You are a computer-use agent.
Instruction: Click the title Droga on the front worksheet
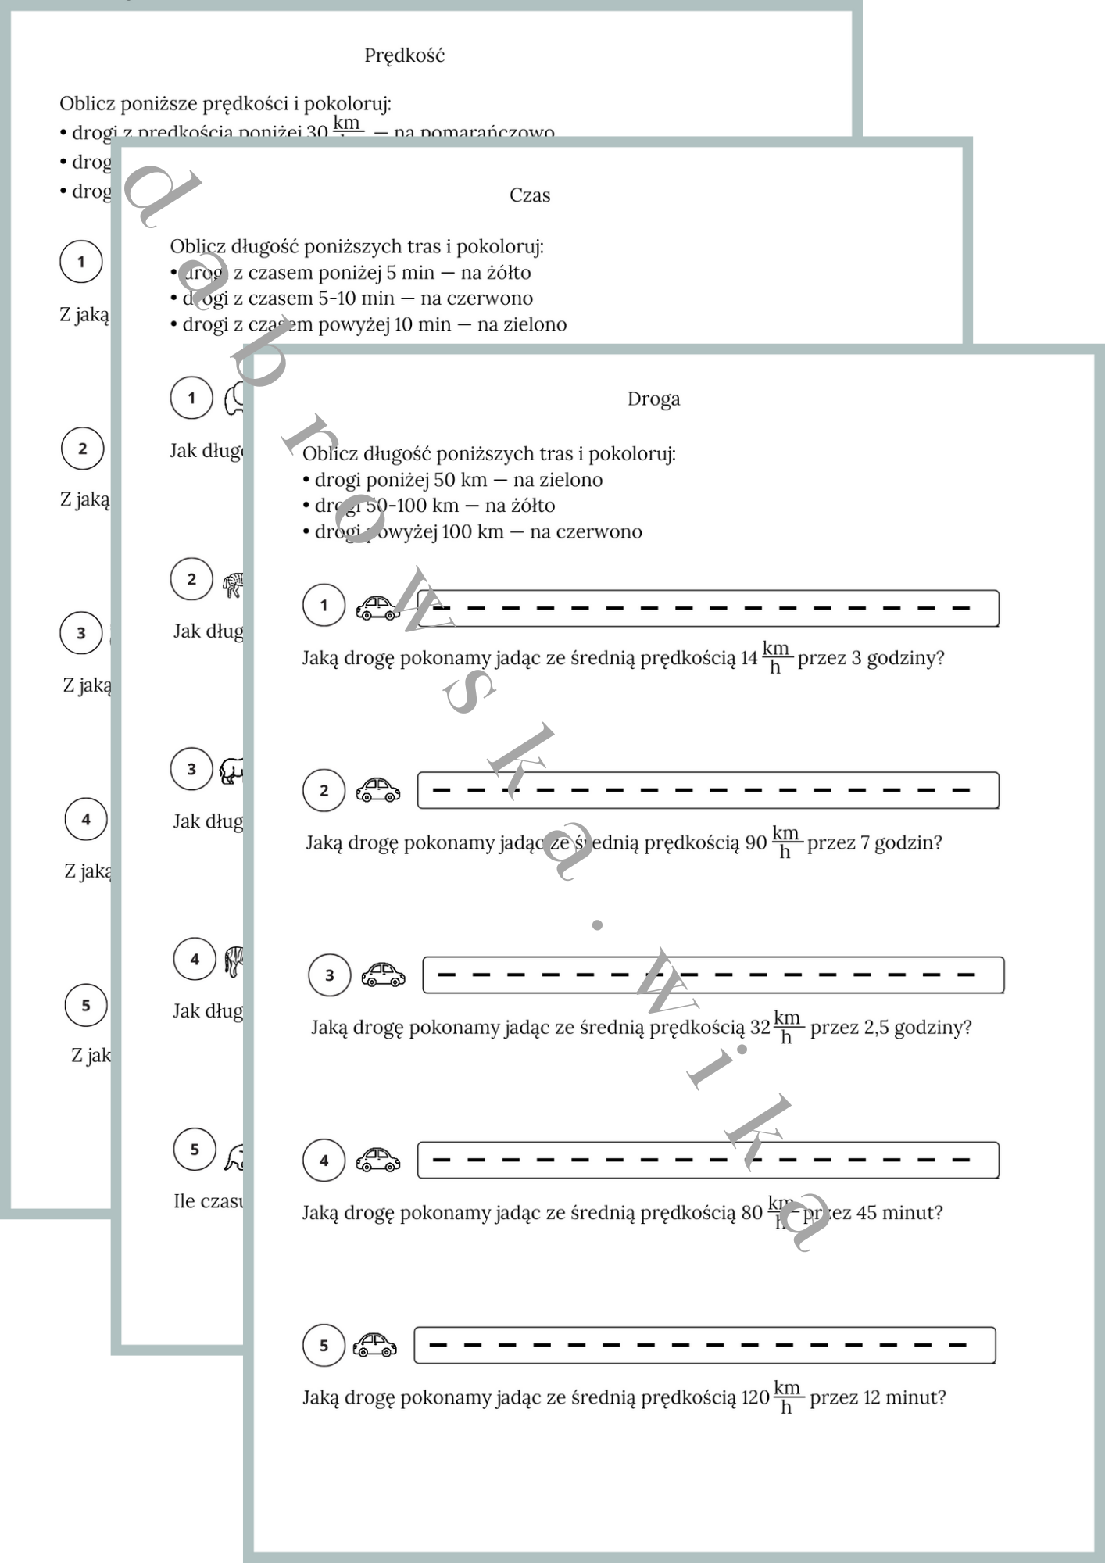pos(653,399)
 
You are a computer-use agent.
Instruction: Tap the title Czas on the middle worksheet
pos(530,195)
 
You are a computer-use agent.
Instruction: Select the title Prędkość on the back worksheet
pos(404,55)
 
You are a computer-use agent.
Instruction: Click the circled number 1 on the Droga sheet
pos(324,605)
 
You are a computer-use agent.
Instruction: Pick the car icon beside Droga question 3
pos(383,975)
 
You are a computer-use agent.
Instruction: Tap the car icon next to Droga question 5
pos(375,1345)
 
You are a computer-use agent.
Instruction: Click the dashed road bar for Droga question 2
pos(708,790)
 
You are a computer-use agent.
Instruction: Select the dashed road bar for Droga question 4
pos(708,1161)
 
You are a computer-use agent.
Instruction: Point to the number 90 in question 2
pos(756,843)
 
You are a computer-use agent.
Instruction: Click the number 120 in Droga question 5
pos(755,1398)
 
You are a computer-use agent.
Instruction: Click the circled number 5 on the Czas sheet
pos(195,1149)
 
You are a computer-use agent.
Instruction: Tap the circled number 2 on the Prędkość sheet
pos(83,449)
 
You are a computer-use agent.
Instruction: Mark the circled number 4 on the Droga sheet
pos(324,1161)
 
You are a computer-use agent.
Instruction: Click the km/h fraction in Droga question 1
pos(776,657)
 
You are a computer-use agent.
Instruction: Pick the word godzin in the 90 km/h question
pos(908,843)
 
